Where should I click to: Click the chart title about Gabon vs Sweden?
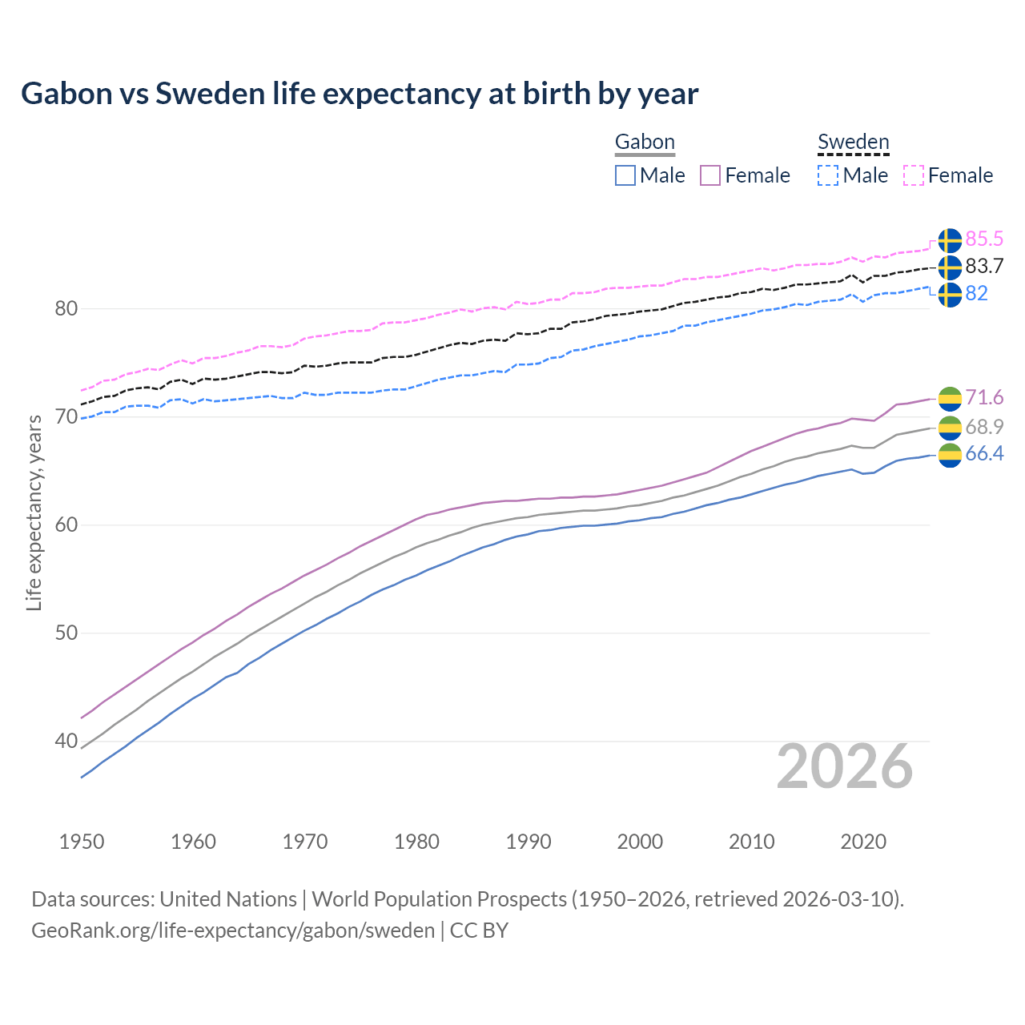tap(360, 94)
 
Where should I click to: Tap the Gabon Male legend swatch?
tap(625, 175)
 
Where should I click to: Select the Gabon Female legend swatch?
tap(710, 175)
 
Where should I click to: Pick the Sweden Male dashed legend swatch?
tap(828, 175)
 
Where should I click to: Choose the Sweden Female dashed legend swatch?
tap(914, 175)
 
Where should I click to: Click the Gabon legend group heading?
tap(645, 143)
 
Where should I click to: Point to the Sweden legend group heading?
tap(853, 143)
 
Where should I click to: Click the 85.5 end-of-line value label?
tap(984, 239)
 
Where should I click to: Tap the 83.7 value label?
tap(984, 267)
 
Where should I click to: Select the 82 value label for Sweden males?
tap(976, 294)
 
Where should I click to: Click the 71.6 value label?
tap(984, 398)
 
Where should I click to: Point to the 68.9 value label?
tap(984, 427)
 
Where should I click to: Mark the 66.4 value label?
tap(984, 454)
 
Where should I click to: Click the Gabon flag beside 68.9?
tap(950, 428)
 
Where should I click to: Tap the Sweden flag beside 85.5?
tap(950, 240)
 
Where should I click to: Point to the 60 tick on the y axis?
tap(66, 525)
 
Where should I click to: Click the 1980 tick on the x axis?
tap(416, 842)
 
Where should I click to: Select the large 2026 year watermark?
tap(844, 766)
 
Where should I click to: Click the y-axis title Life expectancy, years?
tap(34, 512)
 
